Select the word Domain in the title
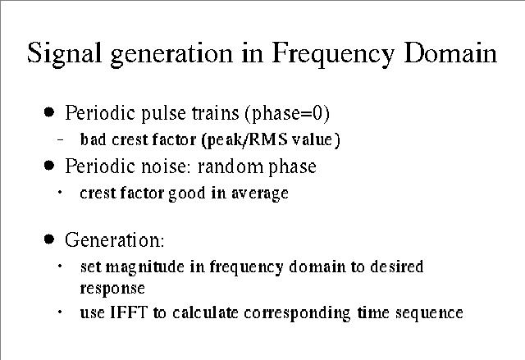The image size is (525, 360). click(x=450, y=52)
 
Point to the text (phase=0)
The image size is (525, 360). click(x=287, y=114)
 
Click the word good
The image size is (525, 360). click(x=187, y=194)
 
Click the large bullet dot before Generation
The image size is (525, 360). click(x=49, y=239)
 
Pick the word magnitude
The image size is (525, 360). click(x=144, y=267)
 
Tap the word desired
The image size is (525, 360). click(x=397, y=267)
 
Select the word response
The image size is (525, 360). click(x=112, y=289)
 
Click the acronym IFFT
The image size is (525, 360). click(x=129, y=312)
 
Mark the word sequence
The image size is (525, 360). click(x=429, y=313)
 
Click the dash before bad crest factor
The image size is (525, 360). click(x=60, y=139)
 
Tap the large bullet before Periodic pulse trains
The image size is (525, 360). click(x=49, y=112)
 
